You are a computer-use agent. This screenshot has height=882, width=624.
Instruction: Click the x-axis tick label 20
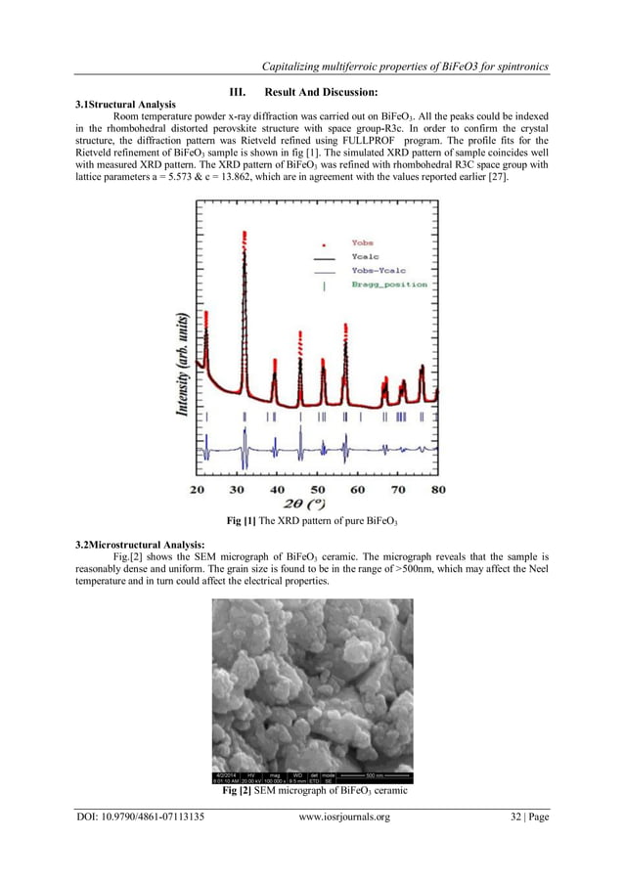[x=197, y=488]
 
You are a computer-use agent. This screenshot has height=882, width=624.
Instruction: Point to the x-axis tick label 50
[x=317, y=488]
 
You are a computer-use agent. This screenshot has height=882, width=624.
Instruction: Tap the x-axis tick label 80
[x=438, y=488]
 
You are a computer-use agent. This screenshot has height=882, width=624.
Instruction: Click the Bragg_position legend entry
[x=388, y=284]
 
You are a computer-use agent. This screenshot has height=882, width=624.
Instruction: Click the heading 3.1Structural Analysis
[x=126, y=104]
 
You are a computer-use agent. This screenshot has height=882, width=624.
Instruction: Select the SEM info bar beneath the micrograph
[x=312, y=777]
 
